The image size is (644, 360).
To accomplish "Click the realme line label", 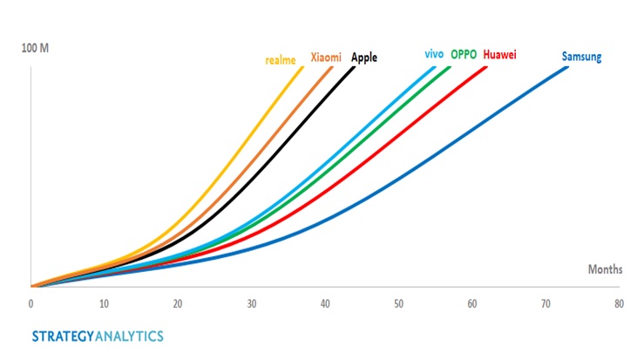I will (x=281, y=60).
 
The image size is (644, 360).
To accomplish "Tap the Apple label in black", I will (x=364, y=57).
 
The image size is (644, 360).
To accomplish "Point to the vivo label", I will (x=434, y=54).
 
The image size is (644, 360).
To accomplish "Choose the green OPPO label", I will (x=464, y=55).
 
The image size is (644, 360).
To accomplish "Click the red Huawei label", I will (x=499, y=55).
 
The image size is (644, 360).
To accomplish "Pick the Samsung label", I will (x=581, y=58).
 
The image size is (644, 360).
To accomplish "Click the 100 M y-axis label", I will (x=35, y=45).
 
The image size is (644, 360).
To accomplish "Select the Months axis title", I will (x=604, y=270).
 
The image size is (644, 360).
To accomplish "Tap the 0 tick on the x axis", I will (x=31, y=304).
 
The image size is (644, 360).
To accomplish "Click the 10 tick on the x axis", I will (x=104, y=304).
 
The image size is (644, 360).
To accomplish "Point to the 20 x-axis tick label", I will (x=178, y=304).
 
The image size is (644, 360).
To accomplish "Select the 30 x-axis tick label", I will (x=251, y=304).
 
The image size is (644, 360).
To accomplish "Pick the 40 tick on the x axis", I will (x=325, y=304).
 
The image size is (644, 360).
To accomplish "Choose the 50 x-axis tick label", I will (x=398, y=304).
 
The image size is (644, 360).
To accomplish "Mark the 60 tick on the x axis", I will (x=471, y=304).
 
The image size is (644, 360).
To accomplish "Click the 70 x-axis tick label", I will (x=546, y=304).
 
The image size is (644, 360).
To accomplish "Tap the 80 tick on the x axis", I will (x=619, y=304).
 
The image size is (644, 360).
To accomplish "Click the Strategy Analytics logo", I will (x=97, y=336).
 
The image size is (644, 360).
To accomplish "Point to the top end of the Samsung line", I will (x=567, y=67).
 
